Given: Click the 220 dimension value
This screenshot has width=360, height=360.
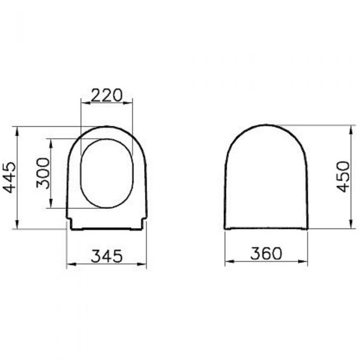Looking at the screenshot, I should click(x=107, y=95).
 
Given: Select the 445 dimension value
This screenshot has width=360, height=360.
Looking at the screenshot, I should click(x=9, y=177).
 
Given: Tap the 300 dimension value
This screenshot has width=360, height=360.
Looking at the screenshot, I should click(x=44, y=173).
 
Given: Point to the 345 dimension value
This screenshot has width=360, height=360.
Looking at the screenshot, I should click(x=107, y=256).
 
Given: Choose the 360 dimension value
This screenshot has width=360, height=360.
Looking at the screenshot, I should click(x=266, y=254).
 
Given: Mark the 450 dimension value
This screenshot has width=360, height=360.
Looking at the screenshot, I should click(x=344, y=176).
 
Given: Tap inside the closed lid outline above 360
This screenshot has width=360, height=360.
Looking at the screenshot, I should click(x=266, y=180).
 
